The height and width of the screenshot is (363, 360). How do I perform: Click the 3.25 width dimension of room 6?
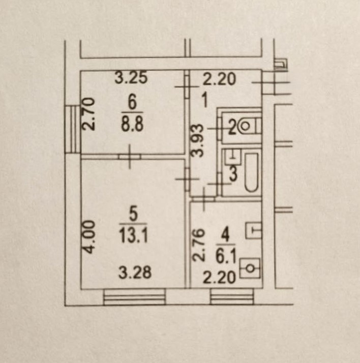pyautogui.click(x=131, y=78)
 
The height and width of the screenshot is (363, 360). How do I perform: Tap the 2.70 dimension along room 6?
pyautogui.click(x=88, y=114)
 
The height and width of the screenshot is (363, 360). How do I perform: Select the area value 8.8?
pyautogui.click(x=132, y=124)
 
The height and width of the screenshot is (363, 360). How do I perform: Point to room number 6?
pyautogui.click(x=132, y=104)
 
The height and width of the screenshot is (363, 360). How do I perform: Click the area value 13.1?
pyautogui.click(x=133, y=235)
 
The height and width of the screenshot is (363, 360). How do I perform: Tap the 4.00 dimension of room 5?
pyautogui.click(x=89, y=237)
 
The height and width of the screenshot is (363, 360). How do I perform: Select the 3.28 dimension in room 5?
pyautogui.click(x=135, y=273)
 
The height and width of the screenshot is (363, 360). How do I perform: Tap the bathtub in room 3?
pyautogui.click(x=251, y=172)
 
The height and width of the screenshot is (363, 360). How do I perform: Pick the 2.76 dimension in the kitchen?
pyautogui.click(x=199, y=245)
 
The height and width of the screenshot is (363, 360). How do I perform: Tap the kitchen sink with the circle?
pyautogui.click(x=250, y=268)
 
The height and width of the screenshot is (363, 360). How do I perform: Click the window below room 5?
pyautogui.click(x=135, y=296)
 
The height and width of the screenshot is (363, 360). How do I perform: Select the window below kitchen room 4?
pyautogui.click(x=232, y=296)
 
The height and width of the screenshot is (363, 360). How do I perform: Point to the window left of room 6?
pyautogui.click(x=73, y=129)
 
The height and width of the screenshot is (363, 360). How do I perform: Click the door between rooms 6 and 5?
pyautogui.click(x=130, y=157)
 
